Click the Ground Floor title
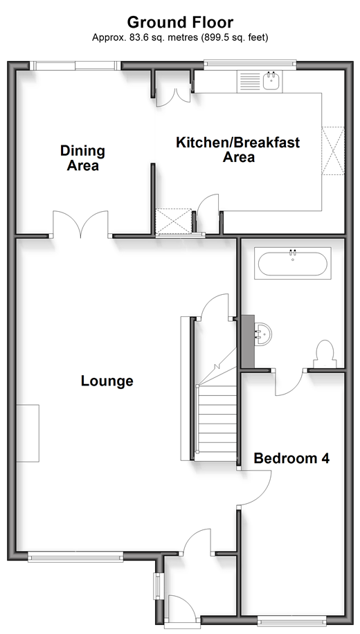pyautogui.click(x=180, y=22)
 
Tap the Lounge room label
pyautogui.click(x=107, y=381)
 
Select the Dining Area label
pyautogui.click(x=83, y=158)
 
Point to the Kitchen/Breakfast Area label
pyautogui.click(x=238, y=150)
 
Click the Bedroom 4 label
pyautogui.click(x=291, y=458)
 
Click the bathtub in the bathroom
pyautogui.click(x=292, y=263)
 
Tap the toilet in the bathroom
pyautogui.click(x=325, y=354)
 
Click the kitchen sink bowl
pyautogui.click(x=270, y=80)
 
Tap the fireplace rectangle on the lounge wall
pyautogui.click(x=28, y=433)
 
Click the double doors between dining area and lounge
pyautogui.click(x=81, y=224)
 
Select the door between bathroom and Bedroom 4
pyautogui.click(x=289, y=382)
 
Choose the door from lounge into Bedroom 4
pyautogui.click(x=255, y=488)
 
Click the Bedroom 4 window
pyautogui.click(x=291, y=619)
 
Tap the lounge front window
pyautogui.click(x=75, y=558)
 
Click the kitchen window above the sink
pyautogui.click(x=249, y=63)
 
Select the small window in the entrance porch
pyautogui.click(x=157, y=586)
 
